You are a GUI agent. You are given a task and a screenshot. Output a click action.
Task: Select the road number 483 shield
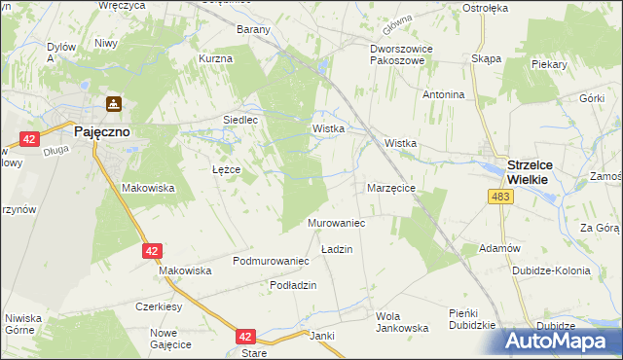[500, 198]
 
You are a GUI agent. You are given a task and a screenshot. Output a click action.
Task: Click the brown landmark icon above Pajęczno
[114, 103]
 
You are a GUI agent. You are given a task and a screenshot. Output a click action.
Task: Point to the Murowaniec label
[336, 224]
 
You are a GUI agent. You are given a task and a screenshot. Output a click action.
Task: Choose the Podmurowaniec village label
[271, 261]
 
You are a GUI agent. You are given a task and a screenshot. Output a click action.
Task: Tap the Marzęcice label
[391, 187]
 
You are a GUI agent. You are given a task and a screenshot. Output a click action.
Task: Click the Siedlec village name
[240, 120]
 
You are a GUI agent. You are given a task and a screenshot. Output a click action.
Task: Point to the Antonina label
[443, 94]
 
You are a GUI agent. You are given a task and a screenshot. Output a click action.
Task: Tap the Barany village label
[253, 29]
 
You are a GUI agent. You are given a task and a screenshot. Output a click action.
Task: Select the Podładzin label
[293, 283]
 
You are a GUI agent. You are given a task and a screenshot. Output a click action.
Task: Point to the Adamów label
[500, 248]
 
